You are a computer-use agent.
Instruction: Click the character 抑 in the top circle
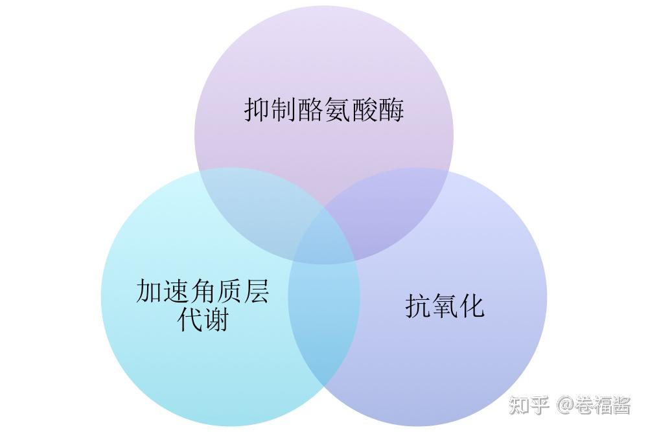coord(257,109)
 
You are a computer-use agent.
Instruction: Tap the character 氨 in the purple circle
coord(338,109)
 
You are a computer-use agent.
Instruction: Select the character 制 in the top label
coord(284,109)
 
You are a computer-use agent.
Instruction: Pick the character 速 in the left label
coord(176,291)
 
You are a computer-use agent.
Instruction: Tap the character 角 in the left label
coord(203,291)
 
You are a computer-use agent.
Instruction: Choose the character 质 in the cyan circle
coord(229,291)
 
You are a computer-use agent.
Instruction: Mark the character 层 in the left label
coord(256,291)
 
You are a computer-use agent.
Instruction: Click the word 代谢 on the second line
coord(203,319)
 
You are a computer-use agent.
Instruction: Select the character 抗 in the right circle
coord(418,306)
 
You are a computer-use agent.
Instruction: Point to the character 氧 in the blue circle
coord(445,306)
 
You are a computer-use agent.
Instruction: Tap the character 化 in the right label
coord(472,306)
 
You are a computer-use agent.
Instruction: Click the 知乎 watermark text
coord(529,405)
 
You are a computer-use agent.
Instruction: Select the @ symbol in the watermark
coord(564,406)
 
